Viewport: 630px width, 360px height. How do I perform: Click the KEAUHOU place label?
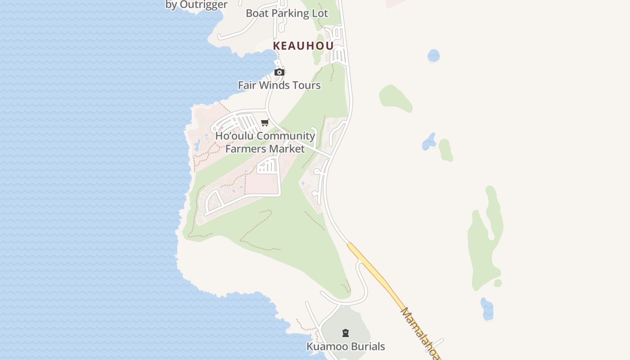pyautogui.click(x=303, y=46)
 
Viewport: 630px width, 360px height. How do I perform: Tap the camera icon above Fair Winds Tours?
pyautogui.click(x=279, y=72)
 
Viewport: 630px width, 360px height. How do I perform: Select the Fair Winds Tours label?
pyautogui.click(x=279, y=85)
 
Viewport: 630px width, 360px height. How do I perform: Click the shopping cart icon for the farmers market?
pyautogui.click(x=265, y=122)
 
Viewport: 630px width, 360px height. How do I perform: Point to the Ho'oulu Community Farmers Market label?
pyautogui.click(x=265, y=142)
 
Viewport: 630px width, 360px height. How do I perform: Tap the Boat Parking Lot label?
pyautogui.click(x=287, y=13)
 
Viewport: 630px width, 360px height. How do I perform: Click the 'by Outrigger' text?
pyautogui.click(x=197, y=5)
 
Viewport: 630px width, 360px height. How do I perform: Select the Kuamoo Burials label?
pyautogui.click(x=346, y=346)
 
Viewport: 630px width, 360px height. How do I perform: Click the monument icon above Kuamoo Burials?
pyautogui.click(x=346, y=333)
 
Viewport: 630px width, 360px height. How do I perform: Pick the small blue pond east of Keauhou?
pyautogui.click(x=433, y=56)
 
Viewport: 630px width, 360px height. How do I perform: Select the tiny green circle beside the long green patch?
pyautogui.click(x=498, y=283)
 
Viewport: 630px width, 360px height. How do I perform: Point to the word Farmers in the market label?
pyautogui.click(x=243, y=148)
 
